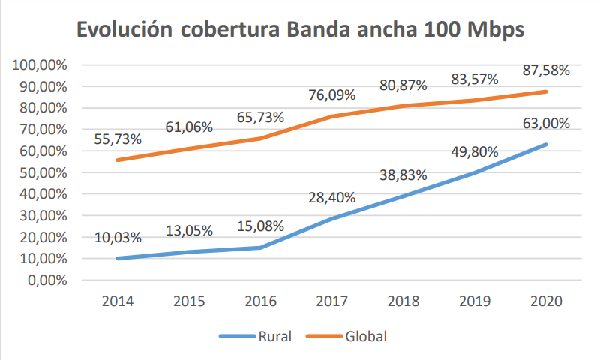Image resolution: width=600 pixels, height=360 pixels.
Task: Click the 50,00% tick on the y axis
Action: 44,172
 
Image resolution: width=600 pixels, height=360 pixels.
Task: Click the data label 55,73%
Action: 118,139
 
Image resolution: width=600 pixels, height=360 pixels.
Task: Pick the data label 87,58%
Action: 546,70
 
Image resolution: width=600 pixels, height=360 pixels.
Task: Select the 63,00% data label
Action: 546,124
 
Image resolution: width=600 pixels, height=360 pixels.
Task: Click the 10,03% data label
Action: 118,238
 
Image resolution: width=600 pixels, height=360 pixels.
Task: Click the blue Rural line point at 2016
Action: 260,247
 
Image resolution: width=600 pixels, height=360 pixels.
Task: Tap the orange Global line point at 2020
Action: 546,91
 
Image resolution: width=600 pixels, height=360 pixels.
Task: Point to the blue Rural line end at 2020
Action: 546,144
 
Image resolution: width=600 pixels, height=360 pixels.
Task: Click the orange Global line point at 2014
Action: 118,160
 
